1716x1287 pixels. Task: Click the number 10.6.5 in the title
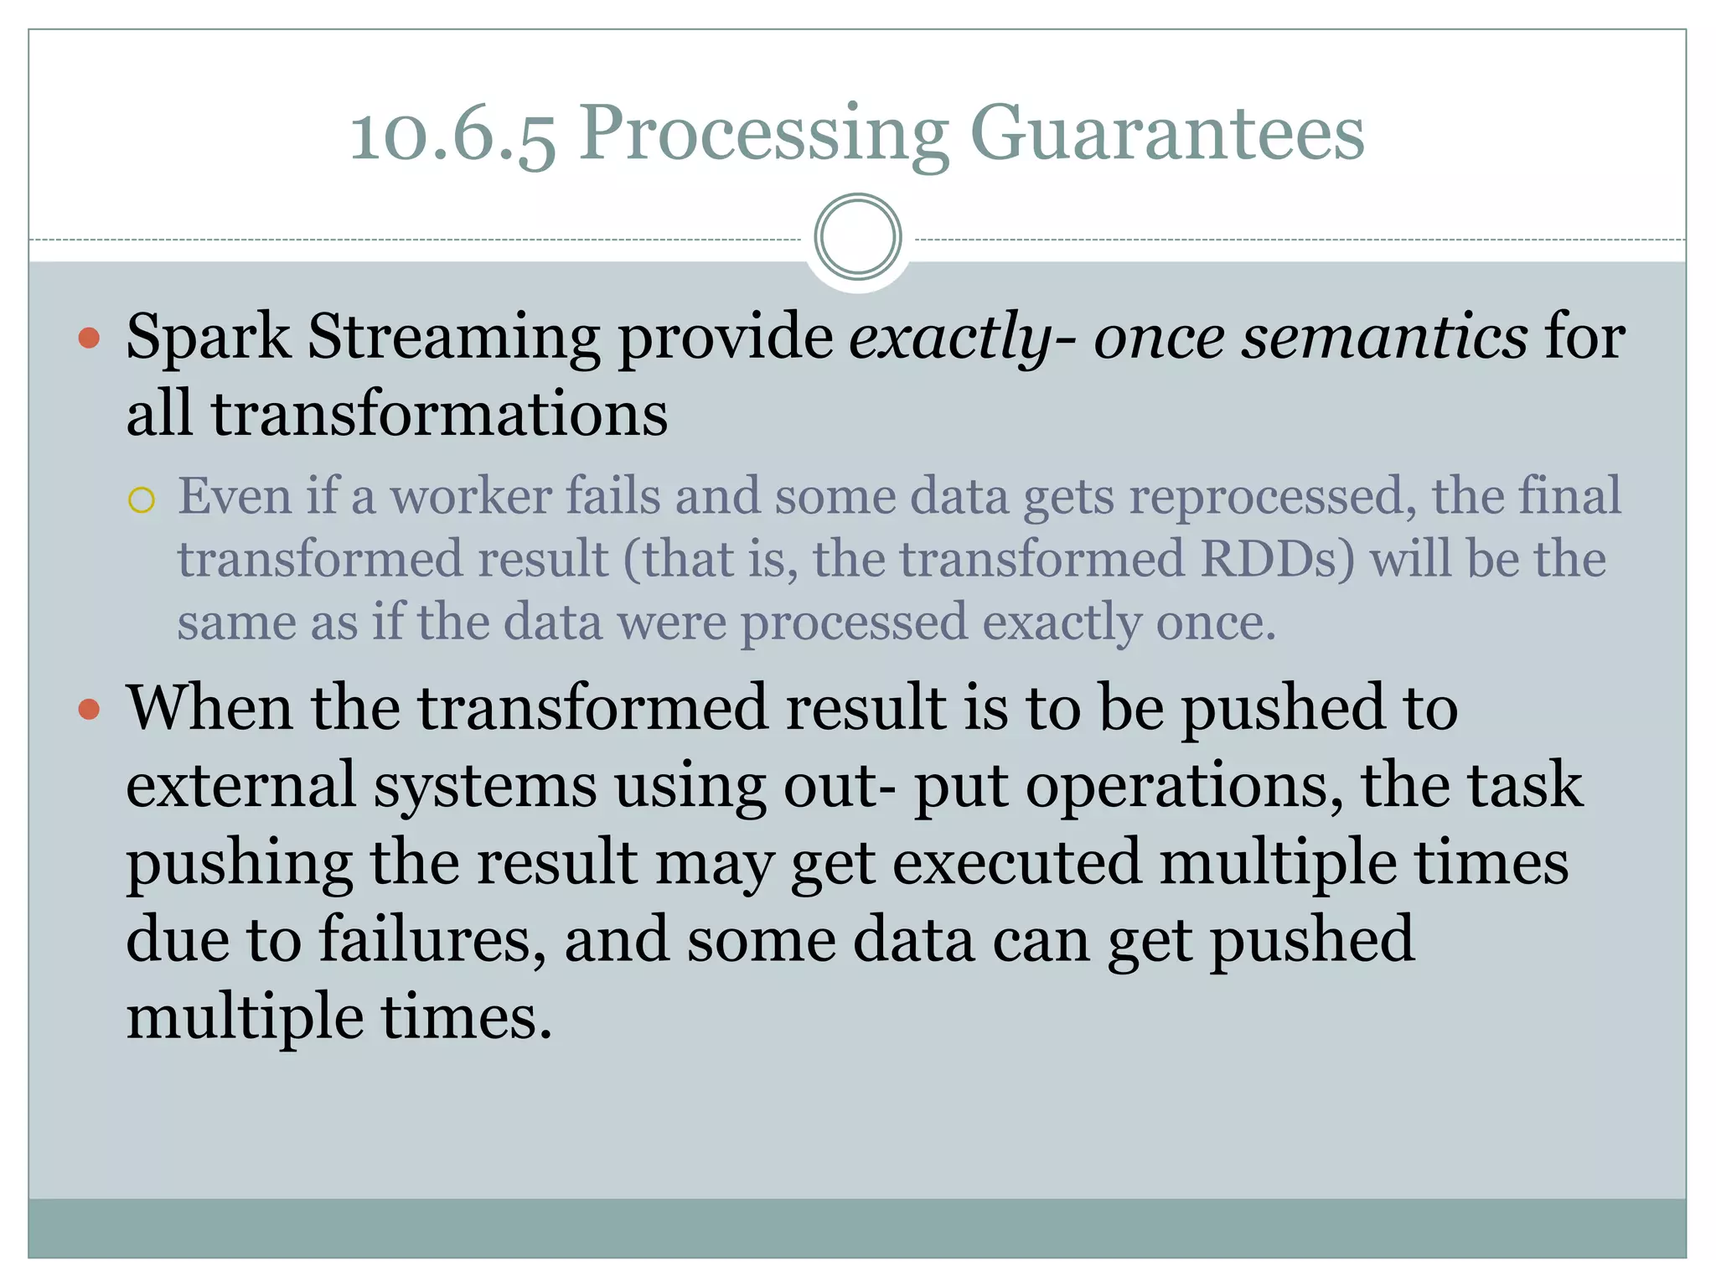pyautogui.click(x=452, y=134)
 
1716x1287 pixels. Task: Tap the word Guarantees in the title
pyautogui.click(x=1166, y=134)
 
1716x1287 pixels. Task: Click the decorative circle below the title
pyautogui.click(x=857, y=237)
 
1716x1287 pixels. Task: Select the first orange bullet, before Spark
pyautogui.click(x=89, y=339)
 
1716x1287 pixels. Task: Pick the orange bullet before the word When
pyautogui.click(x=89, y=710)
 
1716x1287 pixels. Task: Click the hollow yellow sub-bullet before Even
pyautogui.click(x=142, y=500)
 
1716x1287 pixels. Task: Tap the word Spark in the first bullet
pyautogui.click(x=208, y=338)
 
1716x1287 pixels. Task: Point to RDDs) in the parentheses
pyautogui.click(x=1277, y=559)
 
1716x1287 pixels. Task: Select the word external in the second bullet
pyautogui.click(x=241, y=786)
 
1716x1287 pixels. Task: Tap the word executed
pyautogui.click(x=1016, y=863)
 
